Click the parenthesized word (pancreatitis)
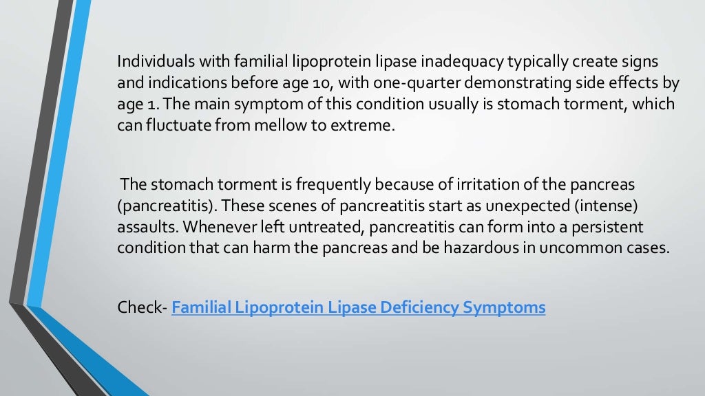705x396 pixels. click(x=166, y=206)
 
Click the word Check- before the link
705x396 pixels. click(x=142, y=307)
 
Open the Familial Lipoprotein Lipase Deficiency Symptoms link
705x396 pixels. click(x=358, y=307)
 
